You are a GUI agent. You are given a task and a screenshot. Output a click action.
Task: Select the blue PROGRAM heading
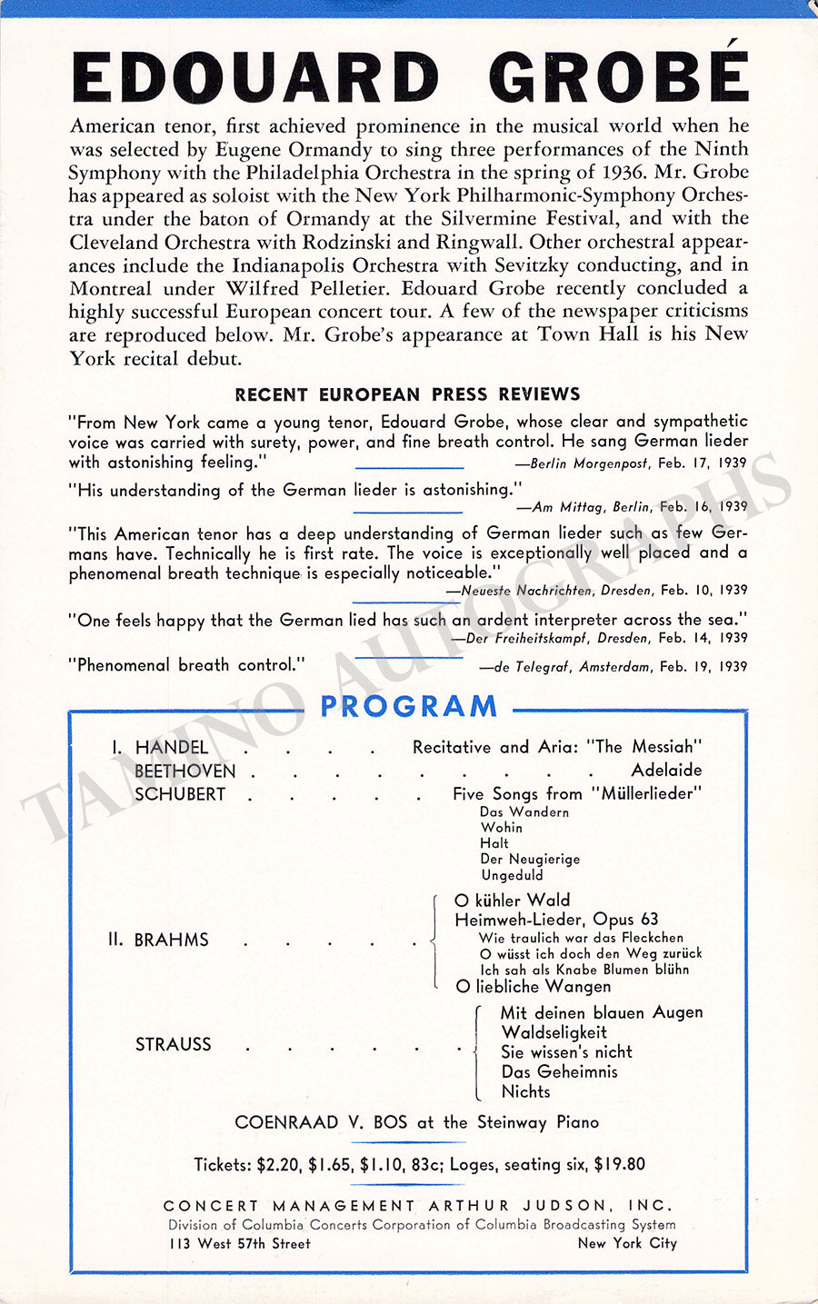[x=409, y=706]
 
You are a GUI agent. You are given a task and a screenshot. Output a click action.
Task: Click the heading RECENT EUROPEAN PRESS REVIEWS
[x=407, y=394]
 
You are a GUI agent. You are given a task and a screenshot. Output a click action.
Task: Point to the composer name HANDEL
[x=172, y=747]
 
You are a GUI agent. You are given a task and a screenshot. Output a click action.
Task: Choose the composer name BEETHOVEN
[x=185, y=771]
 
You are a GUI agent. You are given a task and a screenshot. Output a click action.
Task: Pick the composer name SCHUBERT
[x=180, y=793]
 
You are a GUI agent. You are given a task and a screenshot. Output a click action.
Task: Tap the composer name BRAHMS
[x=171, y=940]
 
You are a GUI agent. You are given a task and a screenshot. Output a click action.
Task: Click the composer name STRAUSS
[x=173, y=1044]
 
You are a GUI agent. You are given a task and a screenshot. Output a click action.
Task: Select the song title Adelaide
[x=666, y=771]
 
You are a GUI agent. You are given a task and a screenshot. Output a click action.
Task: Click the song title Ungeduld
[x=512, y=875]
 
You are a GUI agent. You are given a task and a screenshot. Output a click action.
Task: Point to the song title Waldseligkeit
[x=554, y=1032]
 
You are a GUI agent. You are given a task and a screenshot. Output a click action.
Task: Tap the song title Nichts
[x=525, y=1091]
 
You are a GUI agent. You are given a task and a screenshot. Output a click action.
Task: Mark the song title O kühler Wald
[x=512, y=901]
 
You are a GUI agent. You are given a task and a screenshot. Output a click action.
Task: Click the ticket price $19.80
[x=619, y=1164]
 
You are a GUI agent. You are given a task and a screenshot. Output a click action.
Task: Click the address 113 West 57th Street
[x=240, y=1243]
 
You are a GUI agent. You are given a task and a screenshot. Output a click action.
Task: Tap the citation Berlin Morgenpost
[x=589, y=463]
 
